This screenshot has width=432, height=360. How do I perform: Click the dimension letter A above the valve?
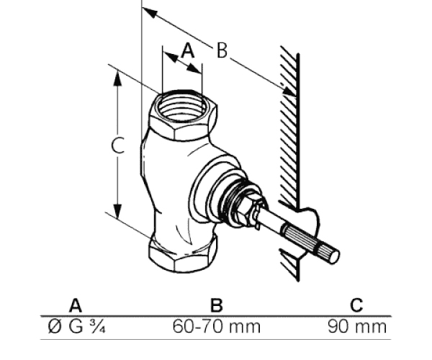point(188,50)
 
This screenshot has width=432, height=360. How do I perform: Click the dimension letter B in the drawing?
point(222,50)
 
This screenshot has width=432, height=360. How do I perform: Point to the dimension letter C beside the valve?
point(118,145)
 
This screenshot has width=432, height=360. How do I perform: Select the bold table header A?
point(75,305)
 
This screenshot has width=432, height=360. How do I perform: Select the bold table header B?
point(217,305)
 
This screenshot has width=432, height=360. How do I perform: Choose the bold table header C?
point(356,305)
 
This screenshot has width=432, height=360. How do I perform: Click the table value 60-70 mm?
point(216,327)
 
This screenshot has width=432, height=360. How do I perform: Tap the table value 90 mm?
point(357,327)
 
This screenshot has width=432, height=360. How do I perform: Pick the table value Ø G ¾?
point(76,327)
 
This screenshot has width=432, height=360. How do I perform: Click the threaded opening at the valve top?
point(181,107)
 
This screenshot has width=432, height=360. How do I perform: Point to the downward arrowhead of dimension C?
point(118,212)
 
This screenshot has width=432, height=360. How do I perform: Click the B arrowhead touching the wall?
point(289,91)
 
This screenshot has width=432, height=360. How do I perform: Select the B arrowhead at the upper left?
point(150,12)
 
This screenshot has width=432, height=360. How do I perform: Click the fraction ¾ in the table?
point(97,327)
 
